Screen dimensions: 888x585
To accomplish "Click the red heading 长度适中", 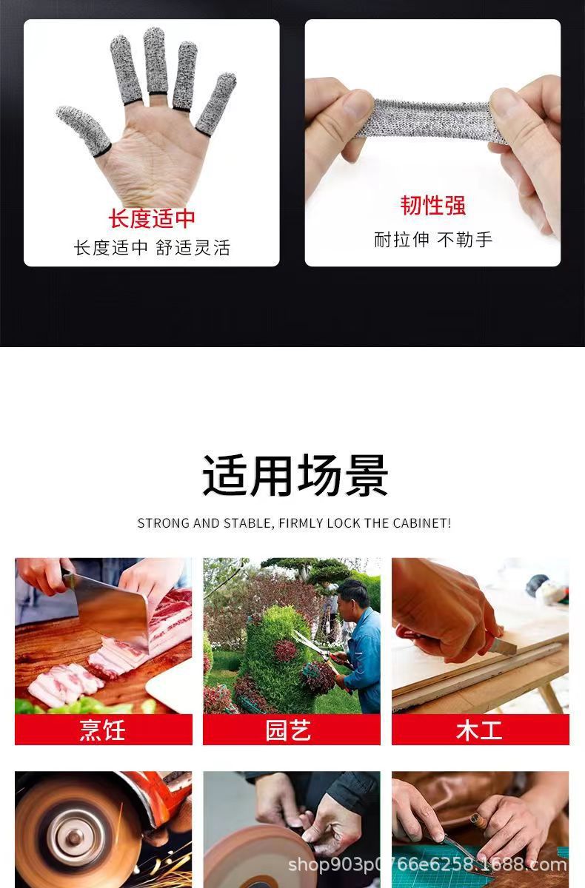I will [x=152, y=218].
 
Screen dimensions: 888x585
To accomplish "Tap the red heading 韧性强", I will [x=433, y=205].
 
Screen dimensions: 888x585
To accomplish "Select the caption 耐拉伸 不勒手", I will [x=433, y=239].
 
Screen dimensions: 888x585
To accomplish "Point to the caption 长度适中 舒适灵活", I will [x=152, y=248].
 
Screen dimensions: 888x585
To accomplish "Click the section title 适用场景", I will [x=295, y=476].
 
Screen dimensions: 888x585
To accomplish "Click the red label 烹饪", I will [x=103, y=730].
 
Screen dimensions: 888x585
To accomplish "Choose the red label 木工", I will [x=480, y=730].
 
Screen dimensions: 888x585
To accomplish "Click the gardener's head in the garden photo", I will [x=353, y=594].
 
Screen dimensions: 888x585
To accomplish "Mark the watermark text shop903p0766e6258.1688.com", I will [x=427, y=864].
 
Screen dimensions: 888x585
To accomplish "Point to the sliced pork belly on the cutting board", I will [x=67, y=684].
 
